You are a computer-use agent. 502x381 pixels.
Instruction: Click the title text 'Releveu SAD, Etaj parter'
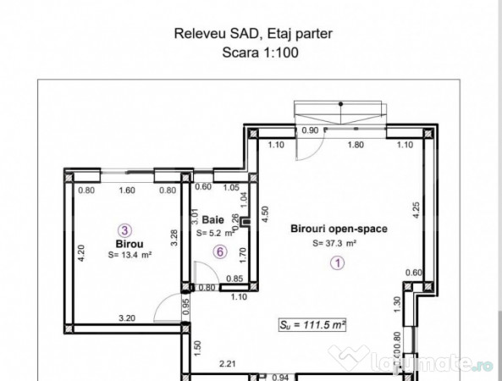pyautogui.click(x=253, y=34)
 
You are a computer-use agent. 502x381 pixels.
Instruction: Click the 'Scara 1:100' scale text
pyautogui.click(x=260, y=52)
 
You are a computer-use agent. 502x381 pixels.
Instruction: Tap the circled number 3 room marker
pyautogui.click(x=124, y=230)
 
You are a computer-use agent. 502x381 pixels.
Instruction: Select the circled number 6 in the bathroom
pyautogui.click(x=220, y=252)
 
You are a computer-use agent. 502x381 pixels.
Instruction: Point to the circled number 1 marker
pyautogui.click(x=338, y=263)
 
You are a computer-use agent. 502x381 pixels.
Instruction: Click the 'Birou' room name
pyautogui.click(x=130, y=244)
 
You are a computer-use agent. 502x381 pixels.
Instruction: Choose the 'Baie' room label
pyautogui.click(x=212, y=220)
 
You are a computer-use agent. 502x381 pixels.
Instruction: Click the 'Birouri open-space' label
pyautogui.click(x=339, y=229)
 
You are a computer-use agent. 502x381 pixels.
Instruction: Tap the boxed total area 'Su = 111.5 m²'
pyautogui.click(x=312, y=325)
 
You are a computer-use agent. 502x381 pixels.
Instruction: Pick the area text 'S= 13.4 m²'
pyautogui.click(x=130, y=255)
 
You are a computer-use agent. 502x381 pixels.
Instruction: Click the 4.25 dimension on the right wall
pyautogui.click(x=416, y=210)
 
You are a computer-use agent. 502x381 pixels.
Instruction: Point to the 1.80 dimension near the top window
pyautogui.click(x=356, y=145)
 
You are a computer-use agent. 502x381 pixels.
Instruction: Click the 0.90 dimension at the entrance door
pyautogui.click(x=310, y=130)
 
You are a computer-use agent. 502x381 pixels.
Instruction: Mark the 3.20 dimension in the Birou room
pyautogui.click(x=127, y=318)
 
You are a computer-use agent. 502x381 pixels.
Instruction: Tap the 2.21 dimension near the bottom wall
pyautogui.click(x=228, y=364)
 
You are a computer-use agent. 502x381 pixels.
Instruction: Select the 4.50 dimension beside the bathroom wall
pyautogui.click(x=265, y=214)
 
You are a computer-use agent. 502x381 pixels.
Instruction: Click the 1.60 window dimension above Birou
pyautogui.click(x=127, y=190)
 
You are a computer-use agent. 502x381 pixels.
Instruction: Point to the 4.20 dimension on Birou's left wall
pyautogui.click(x=81, y=253)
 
